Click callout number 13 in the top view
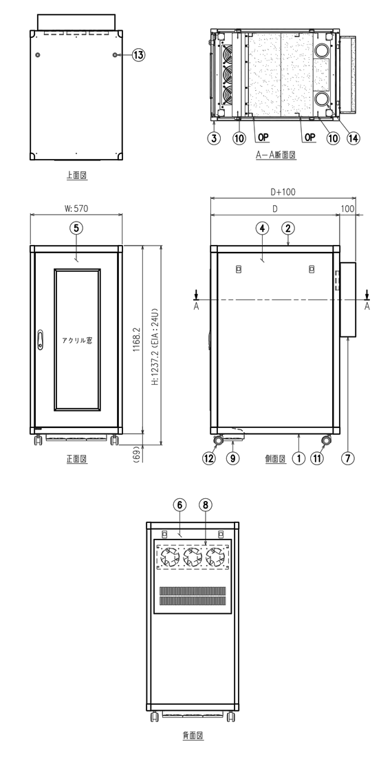(139, 55)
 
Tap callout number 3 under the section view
(214, 138)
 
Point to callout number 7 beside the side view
(347, 458)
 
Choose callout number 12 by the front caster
(209, 458)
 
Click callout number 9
(233, 458)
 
